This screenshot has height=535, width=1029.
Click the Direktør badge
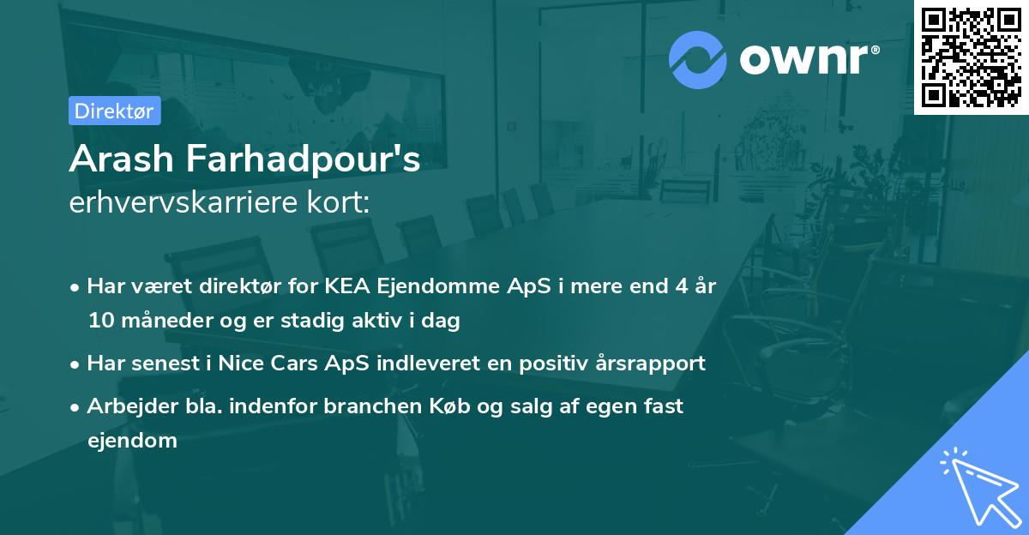114,111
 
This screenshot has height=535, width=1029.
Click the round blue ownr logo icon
697,60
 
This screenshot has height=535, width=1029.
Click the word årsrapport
652,363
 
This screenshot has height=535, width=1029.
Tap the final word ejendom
132,441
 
